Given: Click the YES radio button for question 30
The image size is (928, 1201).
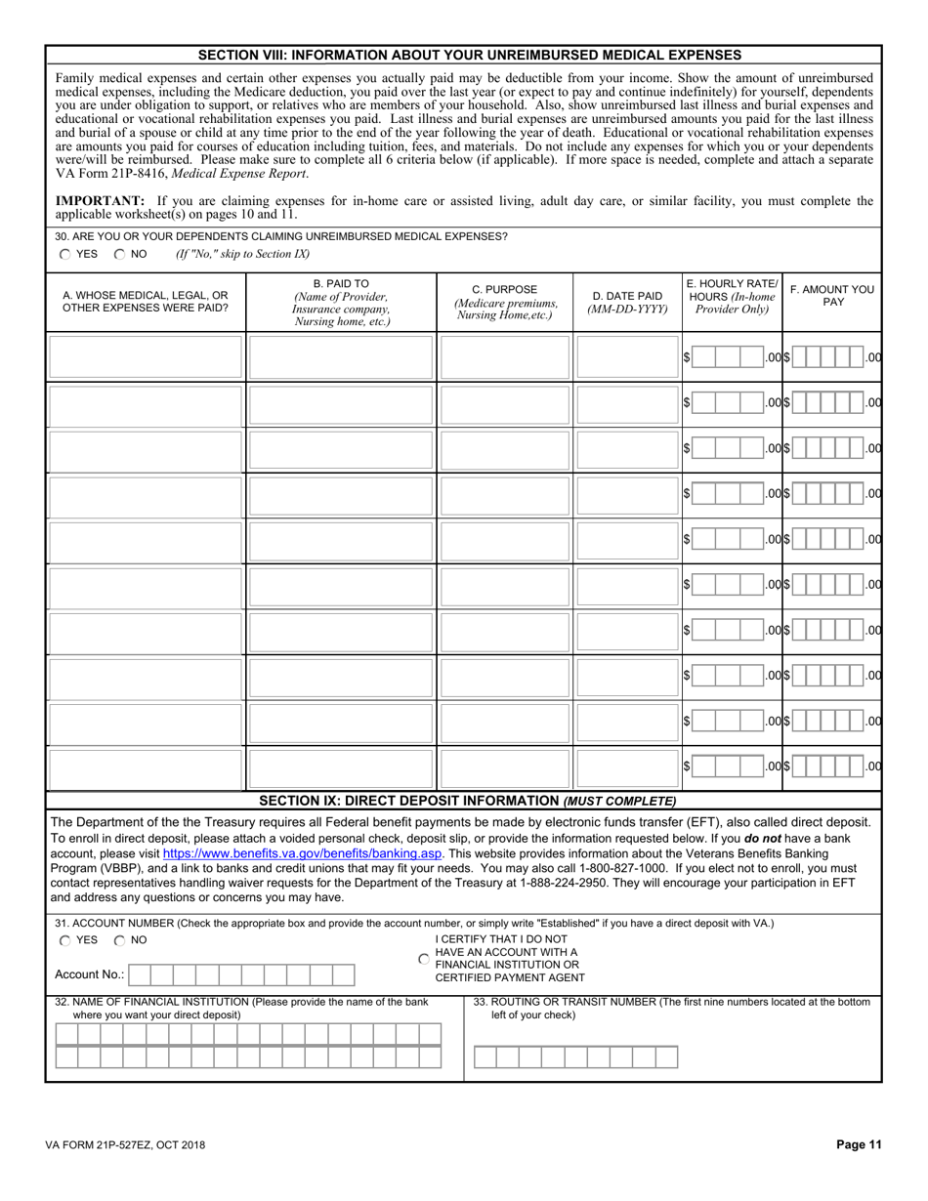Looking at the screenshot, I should (64, 254).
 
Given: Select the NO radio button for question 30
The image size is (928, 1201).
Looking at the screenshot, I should (119, 254).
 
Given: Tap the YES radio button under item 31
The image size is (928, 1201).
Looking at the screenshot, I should (64, 940).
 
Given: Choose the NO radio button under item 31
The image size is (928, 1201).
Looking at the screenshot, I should (119, 940).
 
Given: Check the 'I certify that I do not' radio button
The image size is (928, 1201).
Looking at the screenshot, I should (423, 959).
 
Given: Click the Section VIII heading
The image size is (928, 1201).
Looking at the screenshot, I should (463, 55).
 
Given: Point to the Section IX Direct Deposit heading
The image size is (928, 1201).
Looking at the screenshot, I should (467, 801).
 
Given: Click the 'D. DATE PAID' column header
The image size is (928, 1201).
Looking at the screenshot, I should (627, 302).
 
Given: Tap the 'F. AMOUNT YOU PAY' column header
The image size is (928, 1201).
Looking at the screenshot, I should (832, 296).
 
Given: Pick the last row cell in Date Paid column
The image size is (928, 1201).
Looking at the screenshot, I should (626, 767).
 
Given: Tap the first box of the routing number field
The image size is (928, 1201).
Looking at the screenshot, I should (485, 1056).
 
